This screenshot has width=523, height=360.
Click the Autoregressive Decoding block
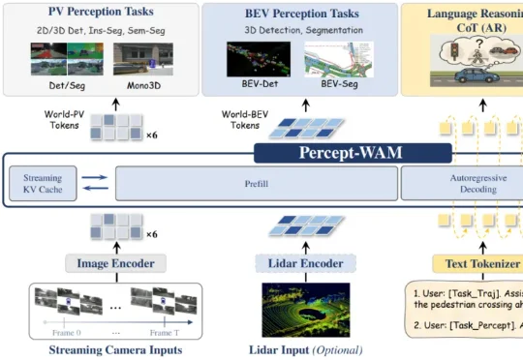click(461, 183)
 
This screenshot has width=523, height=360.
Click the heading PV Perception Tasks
click(103, 13)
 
